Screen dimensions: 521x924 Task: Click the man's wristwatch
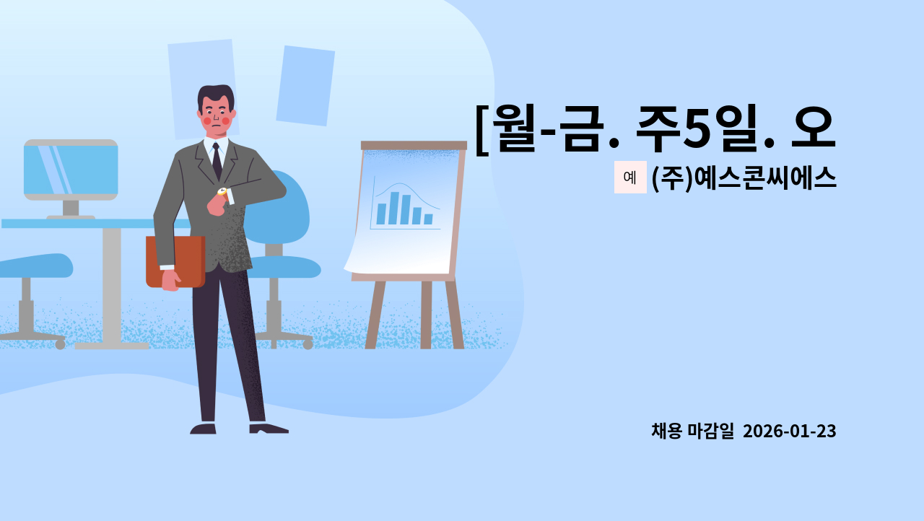pos(222,191)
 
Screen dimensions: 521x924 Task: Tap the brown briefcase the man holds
pos(175,261)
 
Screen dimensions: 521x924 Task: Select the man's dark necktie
pos(217,161)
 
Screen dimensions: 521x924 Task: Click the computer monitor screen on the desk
pos(71,170)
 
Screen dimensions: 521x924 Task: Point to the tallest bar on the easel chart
pos(393,208)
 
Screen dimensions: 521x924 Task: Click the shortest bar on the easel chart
pos(428,219)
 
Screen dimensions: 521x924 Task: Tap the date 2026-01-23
pos(789,432)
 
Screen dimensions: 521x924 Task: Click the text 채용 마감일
pos(692,432)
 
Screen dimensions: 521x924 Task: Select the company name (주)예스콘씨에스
pos(744,178)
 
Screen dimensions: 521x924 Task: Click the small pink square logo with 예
pos(630,178)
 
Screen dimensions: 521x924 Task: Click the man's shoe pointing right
pos(269,429)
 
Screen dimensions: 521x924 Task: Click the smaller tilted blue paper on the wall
pos(305,85)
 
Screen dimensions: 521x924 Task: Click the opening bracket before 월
pos(482,130)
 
